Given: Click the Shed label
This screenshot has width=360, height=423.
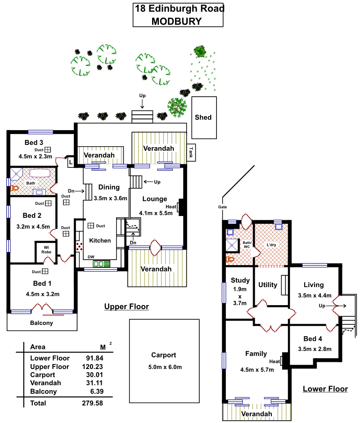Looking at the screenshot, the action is point(203,117).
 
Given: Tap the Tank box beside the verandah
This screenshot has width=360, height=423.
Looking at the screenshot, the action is point(191,153).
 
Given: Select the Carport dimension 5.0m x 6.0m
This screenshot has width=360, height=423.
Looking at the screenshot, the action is point(165,367).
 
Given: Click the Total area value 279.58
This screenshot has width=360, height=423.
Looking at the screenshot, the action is point(92,403).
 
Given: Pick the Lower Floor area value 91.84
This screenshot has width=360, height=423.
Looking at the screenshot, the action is point(94,358).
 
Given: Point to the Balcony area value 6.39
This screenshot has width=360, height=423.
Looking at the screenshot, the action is point(97,391).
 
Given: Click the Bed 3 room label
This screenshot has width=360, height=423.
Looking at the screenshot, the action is point(34,143).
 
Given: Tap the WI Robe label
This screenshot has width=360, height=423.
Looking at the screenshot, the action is point(46,250).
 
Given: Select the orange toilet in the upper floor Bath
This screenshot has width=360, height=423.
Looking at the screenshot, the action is point(14,188).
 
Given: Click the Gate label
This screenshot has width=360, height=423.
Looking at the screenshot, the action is point(222,207).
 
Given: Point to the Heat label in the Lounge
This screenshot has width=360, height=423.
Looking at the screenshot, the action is point(171,207).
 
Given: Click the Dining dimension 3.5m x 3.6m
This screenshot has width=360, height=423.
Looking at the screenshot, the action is point(110,198).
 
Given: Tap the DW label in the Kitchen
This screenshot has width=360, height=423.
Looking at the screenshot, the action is point(91,257).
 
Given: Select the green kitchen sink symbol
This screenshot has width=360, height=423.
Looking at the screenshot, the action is point(101,264).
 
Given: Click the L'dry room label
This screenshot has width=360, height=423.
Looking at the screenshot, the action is point(271,245).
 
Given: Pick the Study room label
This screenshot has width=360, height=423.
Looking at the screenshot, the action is point(240,280).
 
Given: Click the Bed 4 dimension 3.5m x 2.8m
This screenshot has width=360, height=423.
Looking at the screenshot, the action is point(315,349).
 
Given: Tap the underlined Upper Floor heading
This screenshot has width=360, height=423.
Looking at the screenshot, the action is point(126,307).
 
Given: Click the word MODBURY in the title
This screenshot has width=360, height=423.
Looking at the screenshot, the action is point(176,21).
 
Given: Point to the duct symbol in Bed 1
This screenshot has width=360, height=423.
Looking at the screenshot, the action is point(45,271).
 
